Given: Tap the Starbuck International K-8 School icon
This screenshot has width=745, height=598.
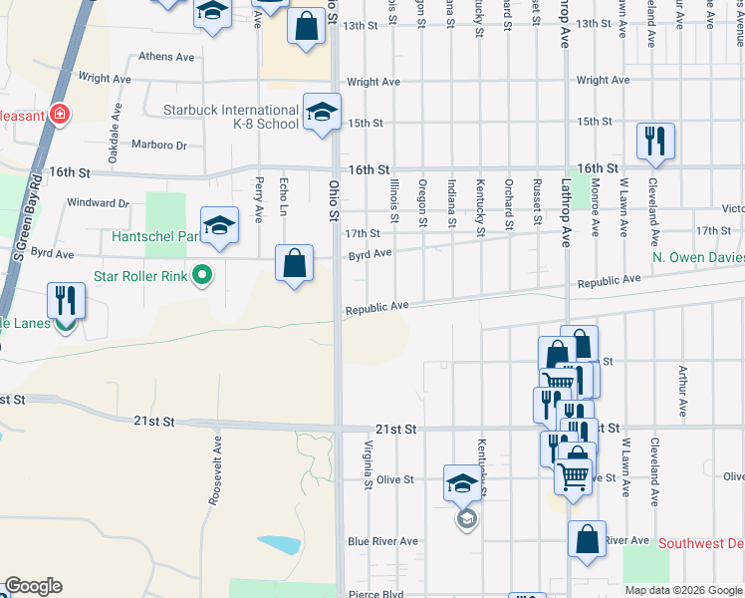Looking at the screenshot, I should click(322, 114).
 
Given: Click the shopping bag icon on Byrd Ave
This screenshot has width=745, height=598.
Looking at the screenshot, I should click(295, 264).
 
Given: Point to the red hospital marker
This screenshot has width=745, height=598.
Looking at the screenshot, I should click(61, 115).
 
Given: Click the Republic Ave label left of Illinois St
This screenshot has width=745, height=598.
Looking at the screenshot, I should click(377, 310).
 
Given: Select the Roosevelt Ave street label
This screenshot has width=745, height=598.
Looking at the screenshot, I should click(214, 470).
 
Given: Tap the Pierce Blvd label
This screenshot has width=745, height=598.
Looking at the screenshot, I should click(375, 592).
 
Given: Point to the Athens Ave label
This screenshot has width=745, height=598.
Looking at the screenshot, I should click(166, 57).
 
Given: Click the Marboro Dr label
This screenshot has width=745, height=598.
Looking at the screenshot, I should click(159, 146).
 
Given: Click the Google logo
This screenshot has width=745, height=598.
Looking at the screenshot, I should click(32, 586).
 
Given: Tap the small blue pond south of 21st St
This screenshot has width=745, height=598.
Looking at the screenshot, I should click(280, 544).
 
